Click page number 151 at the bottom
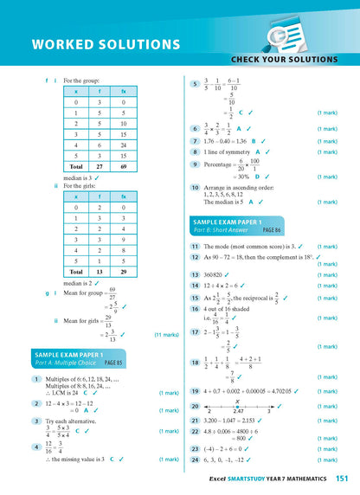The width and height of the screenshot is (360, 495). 341,478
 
